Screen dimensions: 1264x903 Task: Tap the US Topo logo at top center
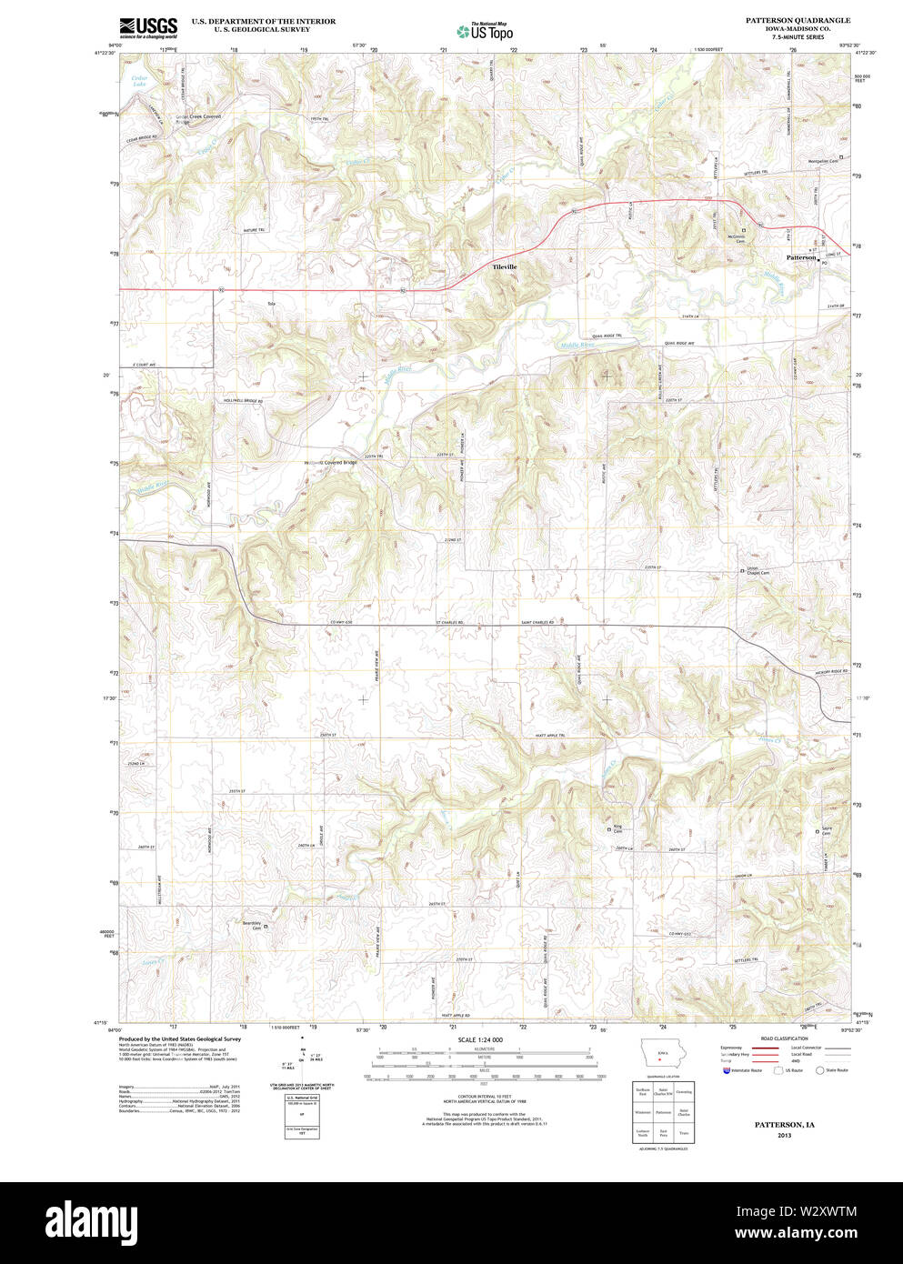click(486, 31)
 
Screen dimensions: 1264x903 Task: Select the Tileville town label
click(505, 266)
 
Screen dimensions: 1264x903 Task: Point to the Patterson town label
click(801, 257)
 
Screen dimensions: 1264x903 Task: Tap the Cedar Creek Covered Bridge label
click(197, 118)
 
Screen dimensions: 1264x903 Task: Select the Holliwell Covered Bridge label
click(330, 463)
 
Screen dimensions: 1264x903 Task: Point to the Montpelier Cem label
click(822, 161)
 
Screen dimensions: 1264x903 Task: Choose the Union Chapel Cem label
click(758, 570)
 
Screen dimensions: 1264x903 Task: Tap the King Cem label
click(617, 829)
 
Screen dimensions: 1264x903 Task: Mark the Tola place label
click(270, 303)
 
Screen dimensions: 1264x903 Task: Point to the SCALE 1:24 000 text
click(480, 1039)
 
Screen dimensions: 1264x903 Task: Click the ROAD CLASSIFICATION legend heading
click(784, 1038)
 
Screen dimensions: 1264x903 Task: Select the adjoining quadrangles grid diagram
click(662, 1112)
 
